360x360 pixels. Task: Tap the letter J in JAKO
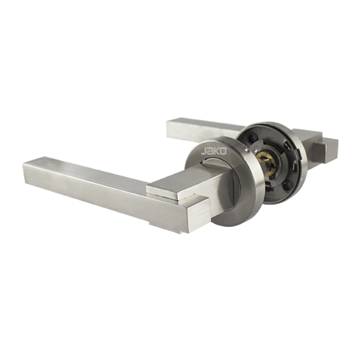pos(204,152)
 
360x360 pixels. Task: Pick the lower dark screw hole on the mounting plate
pos(287,185)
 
